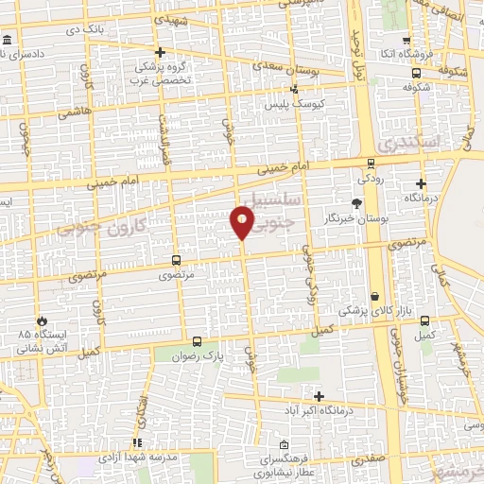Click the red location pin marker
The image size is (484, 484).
(242, 222)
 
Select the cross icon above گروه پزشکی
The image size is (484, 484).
(160, 52)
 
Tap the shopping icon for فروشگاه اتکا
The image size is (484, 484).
(406, 41)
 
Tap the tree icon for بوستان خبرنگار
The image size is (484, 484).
(356, 203)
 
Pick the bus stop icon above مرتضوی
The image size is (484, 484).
(176, 260)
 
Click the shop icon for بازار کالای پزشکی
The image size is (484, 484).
(375, 296)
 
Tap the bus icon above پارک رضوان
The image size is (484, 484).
(197, 341)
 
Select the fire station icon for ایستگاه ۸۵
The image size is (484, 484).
(41, 320)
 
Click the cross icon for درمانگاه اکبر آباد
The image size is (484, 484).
(319, 396)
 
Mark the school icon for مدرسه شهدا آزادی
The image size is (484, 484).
(137, 442)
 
